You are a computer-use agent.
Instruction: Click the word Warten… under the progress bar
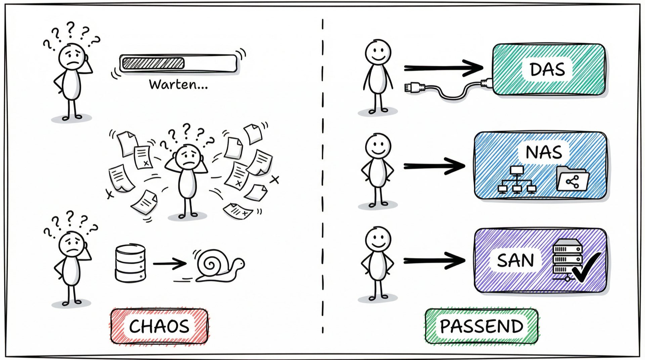point(178,84)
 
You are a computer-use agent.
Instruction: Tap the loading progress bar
point(178,63)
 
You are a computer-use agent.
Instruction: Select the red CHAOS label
point(159,326)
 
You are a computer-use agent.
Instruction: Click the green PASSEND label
point(481,326)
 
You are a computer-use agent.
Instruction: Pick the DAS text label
point(547,69)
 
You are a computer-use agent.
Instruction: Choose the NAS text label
point(544,152)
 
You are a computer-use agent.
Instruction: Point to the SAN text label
point(515,260)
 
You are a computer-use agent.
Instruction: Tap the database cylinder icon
point(130,264)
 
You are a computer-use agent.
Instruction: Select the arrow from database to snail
point(170,264)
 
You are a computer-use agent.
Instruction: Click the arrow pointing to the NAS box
point(434,166)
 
